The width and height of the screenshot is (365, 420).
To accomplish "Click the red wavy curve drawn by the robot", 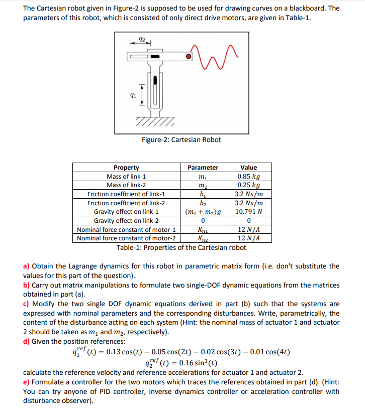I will pos(215,54).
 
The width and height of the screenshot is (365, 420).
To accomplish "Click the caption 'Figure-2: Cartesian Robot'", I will pos(181,139).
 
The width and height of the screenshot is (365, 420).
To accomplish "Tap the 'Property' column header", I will pos(126,168).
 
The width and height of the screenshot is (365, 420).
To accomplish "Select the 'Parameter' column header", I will pos(203,168).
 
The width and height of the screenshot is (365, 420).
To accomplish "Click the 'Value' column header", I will pos(248,168).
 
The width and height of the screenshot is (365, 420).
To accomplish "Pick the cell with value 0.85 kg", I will pos(248,176).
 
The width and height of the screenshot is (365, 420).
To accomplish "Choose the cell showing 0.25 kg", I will pos(248,185).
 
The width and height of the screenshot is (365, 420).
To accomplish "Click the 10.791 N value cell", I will pos(248,212).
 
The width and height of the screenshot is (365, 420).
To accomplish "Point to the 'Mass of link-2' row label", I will pos(126,185).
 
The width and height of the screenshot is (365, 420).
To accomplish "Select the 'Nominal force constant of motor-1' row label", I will pos(126,229).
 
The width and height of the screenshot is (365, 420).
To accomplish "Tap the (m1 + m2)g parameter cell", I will pos(203,212).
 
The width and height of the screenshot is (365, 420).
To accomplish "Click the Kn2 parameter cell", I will pos(203,238).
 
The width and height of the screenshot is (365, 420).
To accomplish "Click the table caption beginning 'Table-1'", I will pos(181,247).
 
